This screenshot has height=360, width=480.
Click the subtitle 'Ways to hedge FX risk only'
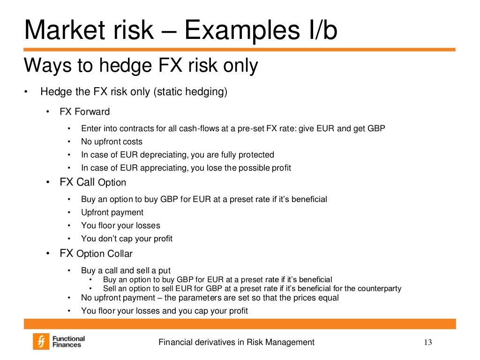(x=141, y=66)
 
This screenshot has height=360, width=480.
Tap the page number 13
(x=427, y=342)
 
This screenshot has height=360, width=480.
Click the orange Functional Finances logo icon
(x=41, y=342)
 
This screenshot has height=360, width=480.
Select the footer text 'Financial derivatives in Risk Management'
(x=236, y=342)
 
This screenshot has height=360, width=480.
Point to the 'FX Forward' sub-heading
(x=84, y=112)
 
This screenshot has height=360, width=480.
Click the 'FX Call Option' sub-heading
(x=93, y=182)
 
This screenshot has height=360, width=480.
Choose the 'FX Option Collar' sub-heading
(x=96, y=254)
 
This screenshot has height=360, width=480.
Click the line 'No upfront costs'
(x=112, y=142)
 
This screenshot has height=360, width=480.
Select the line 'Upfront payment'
(x=112, y=212)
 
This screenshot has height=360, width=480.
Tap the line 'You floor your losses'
(x=120, y=225)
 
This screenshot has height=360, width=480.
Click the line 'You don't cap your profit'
(x=127, y=239)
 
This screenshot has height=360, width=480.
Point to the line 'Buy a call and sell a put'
(x=126, y=270)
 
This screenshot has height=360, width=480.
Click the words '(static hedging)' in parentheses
(x=190, y=92)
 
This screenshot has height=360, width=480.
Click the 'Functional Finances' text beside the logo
(x=68, y=342)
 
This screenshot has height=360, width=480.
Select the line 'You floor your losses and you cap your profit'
(x=164, y=311)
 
